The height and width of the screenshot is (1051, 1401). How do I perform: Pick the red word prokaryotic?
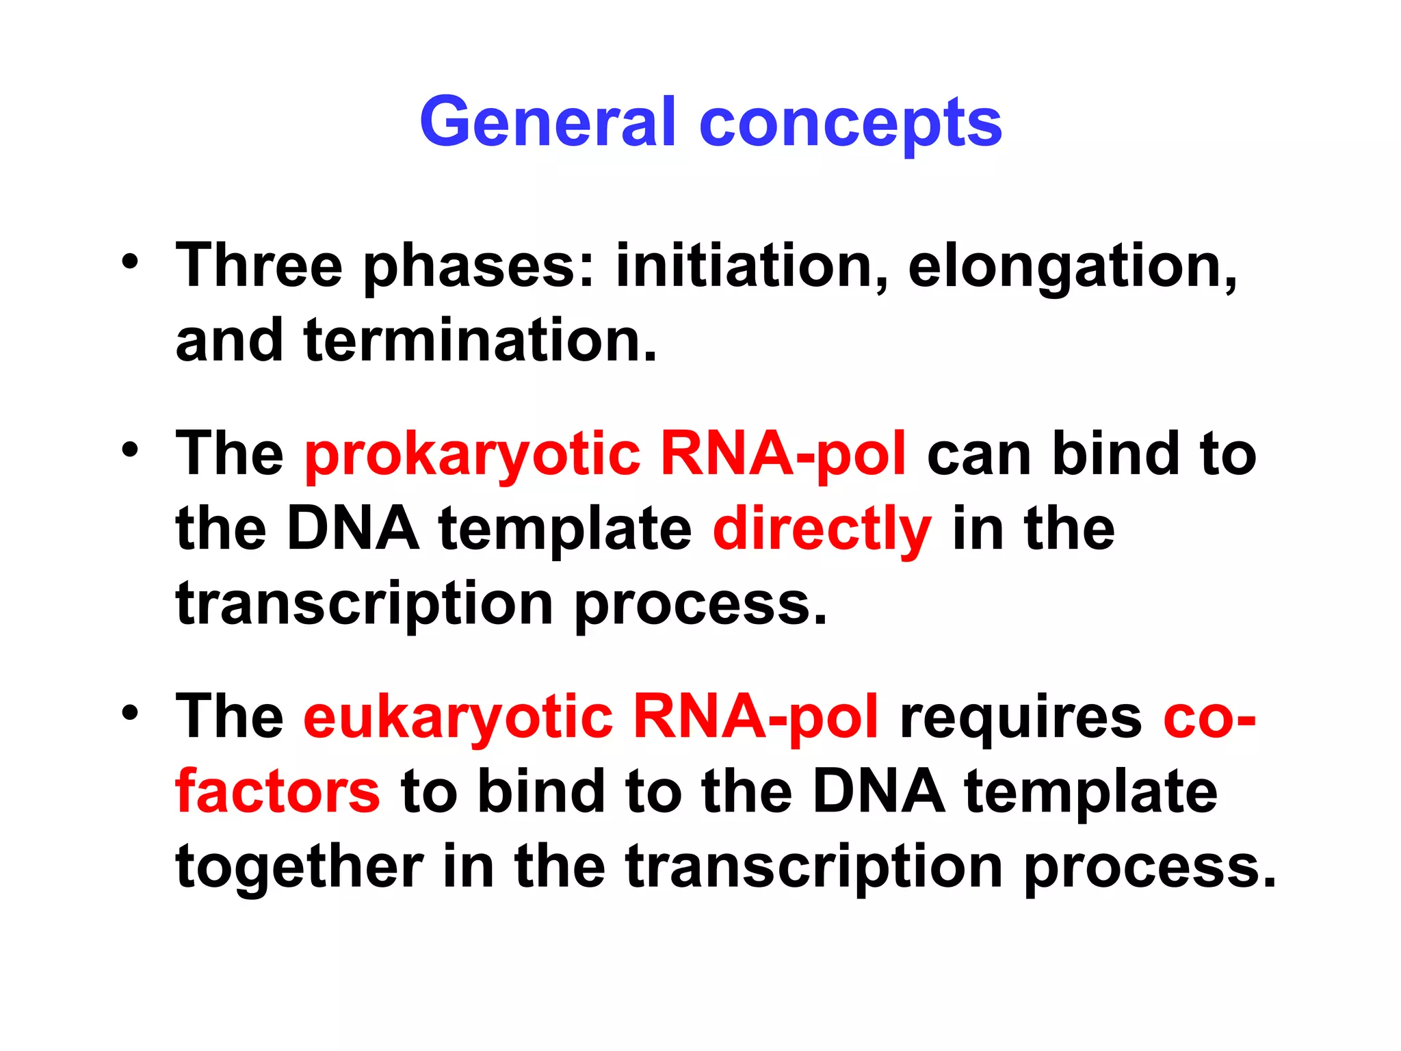(472, 455)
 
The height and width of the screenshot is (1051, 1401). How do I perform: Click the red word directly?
(822, 530)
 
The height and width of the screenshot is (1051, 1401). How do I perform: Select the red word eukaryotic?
(458, 718)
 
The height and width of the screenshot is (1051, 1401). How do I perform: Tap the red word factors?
(277, 792)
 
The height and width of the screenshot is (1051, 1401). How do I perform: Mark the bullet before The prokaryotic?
(130, 450)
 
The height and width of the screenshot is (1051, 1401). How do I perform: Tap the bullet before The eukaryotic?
(130, 712)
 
